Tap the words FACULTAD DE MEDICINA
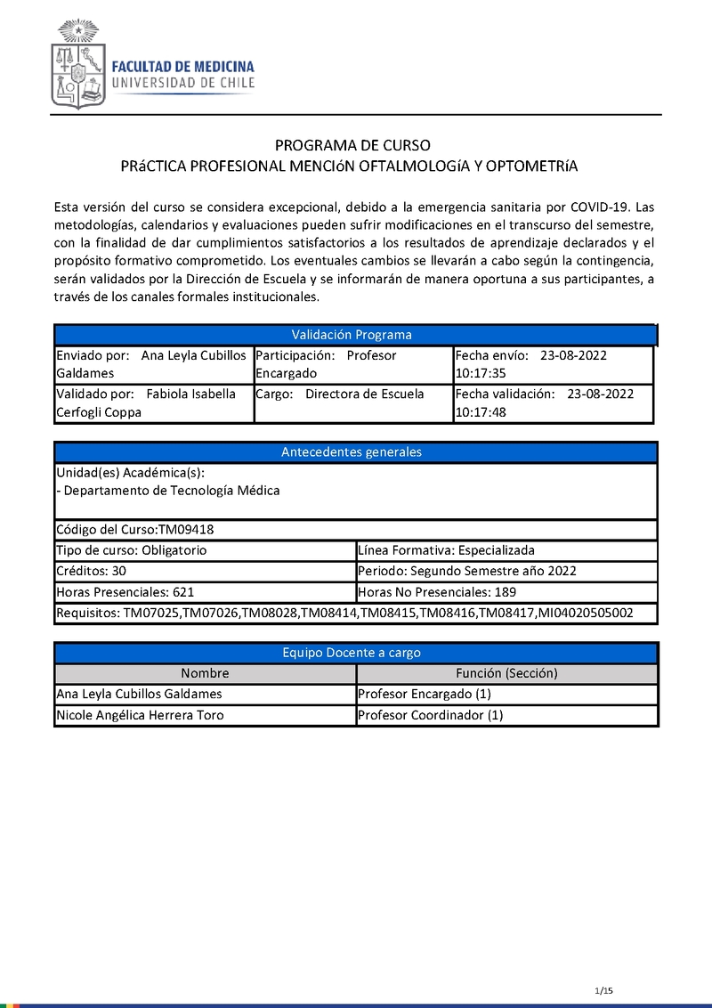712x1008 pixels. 182,67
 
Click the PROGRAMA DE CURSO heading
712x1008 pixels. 352,145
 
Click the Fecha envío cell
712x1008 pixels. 553,364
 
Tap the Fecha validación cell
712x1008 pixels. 553,402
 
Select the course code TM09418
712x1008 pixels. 186,530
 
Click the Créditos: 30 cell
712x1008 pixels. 205,571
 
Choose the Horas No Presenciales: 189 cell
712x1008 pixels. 506,592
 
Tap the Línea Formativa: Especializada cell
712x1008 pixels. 506,550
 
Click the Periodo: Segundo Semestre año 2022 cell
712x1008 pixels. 506,571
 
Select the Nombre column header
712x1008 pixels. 205,673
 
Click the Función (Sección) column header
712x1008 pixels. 506,673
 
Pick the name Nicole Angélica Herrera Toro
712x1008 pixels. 140,715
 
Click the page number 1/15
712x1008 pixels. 603,991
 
